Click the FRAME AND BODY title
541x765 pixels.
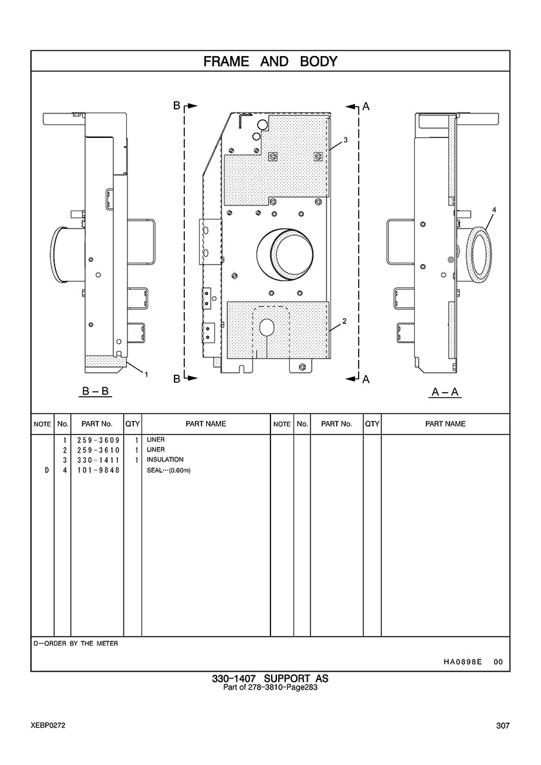[x=270, y=61]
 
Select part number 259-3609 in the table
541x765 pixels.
[x=98, y=440]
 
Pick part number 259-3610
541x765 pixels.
[x=98, y=450]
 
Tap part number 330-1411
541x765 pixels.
[x=98, y=460]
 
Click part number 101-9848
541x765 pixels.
[x=98, y=470]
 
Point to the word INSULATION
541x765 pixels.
[x=165, y=460]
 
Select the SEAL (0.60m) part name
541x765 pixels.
[x=168, y=470]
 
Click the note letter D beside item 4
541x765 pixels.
[x=46, y=470]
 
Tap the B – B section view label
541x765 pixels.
[x=95, y=392]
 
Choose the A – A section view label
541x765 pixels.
[x=446, y=392]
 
